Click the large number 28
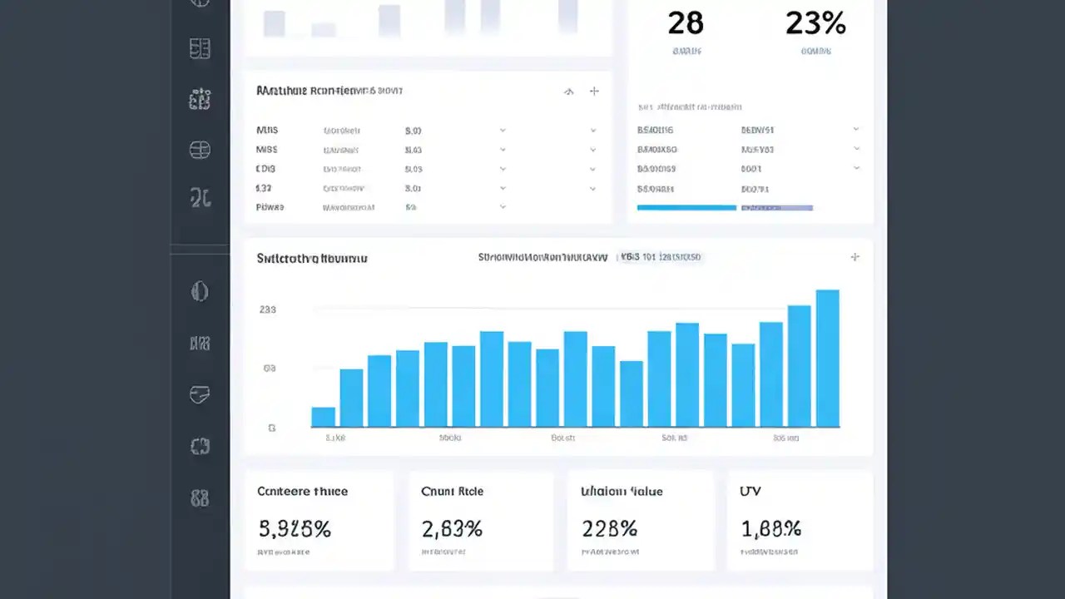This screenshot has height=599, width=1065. pos(686,23)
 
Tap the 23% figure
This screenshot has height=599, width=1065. pos(815,23)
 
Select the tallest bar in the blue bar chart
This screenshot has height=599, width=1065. pos(827,359)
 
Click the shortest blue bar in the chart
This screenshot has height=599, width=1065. pos(323,417)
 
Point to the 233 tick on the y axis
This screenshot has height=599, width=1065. pos(268,309)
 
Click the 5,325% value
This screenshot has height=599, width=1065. pos(295,528)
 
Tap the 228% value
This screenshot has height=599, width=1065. pos(609,528)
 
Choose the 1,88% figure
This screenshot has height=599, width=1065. pos(770,528)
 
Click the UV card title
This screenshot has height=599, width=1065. pos(750,492)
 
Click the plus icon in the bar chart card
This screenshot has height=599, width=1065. pos(854,257)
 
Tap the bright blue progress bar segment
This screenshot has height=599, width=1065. pos(686,208)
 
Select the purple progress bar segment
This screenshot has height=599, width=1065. pos(776,208)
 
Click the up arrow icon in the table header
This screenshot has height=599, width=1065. pos(569,92)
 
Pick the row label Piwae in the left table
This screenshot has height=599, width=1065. pos(270,207)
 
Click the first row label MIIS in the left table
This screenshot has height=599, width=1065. pos(267,131)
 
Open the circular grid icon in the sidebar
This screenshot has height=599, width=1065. pos(200,150)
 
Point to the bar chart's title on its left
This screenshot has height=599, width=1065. pos(312,259)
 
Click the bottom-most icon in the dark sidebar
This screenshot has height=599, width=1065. pos(200,498)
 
